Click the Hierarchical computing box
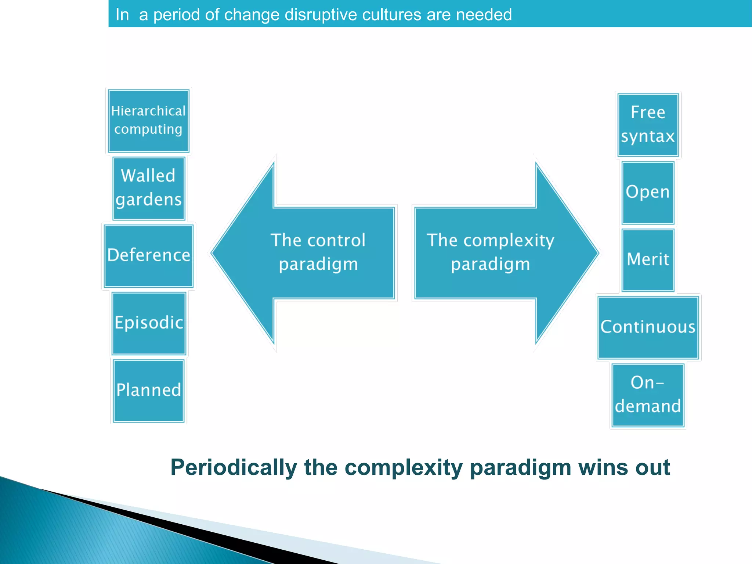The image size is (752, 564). pyautogui.click(x=148, y=121)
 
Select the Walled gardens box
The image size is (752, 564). pyautogui.click(x=148, y=188)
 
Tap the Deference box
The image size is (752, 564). pyautogui.click(x=148, y=256)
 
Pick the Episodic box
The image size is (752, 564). pyautogui.click(x=148, y=323)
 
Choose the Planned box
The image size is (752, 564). pyautogui.click(x=148, y=390)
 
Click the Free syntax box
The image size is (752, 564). pyautogui.click(x=648, y=125)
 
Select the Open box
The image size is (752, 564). pyautogui.click(x=648, y=193)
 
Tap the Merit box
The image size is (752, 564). pyautogui.click(x=648, y=260)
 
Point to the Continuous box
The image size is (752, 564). pyautogui.click(x=648, y=327)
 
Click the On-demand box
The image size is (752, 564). pyautogui.click(x=648, y=395)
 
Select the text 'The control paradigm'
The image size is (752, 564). pyautogui.click(x=318, y=252)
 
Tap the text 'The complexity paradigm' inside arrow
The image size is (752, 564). pyautogui.click(x=490, y=252)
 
